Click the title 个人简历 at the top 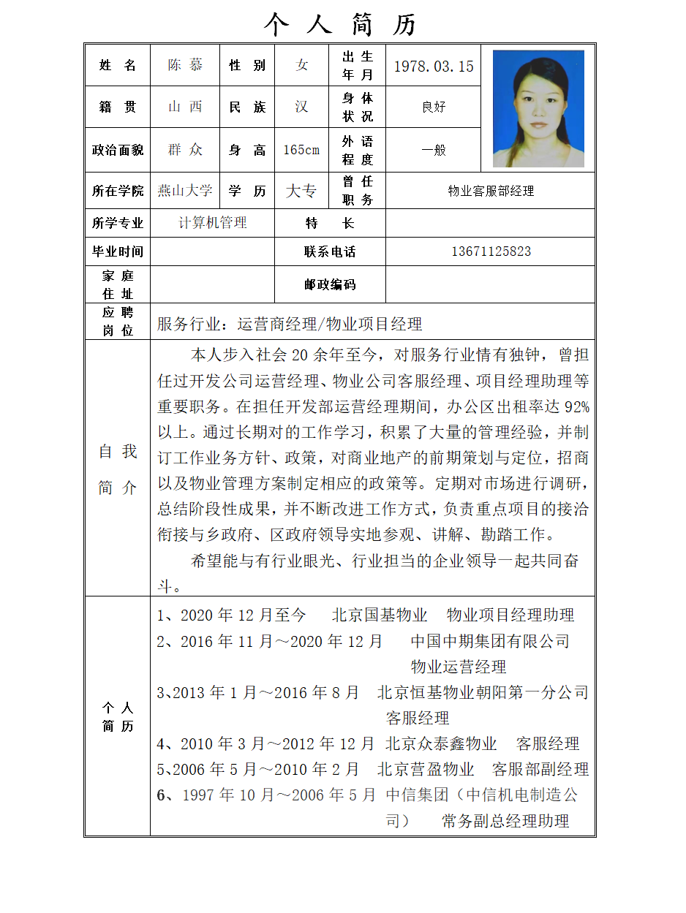pos(341,25)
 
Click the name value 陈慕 pos(185,65)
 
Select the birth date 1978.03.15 pos(434,67)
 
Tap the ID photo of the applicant pos(538,108)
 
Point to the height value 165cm pos(301,150)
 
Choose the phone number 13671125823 pos(491,251)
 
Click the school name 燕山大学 pos(185,191)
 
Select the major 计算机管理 pos(213,223)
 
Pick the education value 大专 pos(301,191)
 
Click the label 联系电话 pos(330,251)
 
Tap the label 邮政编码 pos(330,284)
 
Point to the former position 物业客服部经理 pos(491,191)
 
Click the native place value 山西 pos(185,107)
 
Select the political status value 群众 pos(185,150)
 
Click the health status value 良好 pos(434,107)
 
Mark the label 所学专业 pos(118,223)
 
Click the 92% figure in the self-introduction pos(577,406)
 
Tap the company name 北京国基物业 pos(380,615)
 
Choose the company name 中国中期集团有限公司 pos(490,641)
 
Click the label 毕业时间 pos(118,251)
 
